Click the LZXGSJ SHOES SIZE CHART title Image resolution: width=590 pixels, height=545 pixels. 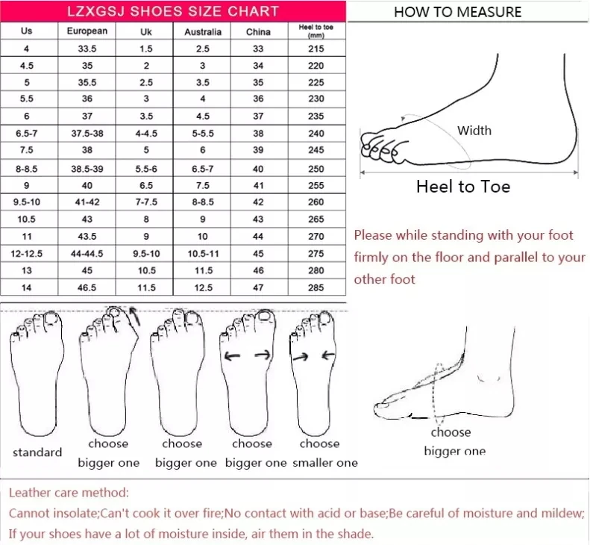click(x=173, y=11)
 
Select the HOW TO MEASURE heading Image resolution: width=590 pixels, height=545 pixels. click(x=457, y=11)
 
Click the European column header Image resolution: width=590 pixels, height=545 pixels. click(x=87, y=31)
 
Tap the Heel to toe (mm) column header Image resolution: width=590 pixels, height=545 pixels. click(x=316, y=31)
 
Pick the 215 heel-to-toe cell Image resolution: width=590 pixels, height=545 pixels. click(x=316, y=49)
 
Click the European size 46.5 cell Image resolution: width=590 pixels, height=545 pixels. click(x=87, y=287)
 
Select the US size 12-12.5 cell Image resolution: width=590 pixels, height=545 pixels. click(x=27, y=254)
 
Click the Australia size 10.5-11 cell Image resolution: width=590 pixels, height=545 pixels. click(x=203, y=254)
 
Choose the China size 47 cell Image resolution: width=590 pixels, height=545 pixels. click(x=258, y=287)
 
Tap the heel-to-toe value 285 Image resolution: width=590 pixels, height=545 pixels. click(x=316, y=287)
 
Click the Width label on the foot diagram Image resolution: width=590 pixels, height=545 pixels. click(x=474, y=131)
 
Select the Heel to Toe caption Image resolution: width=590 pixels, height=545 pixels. click(x=462, y=187)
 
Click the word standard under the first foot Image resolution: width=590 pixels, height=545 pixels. click(x=37, y=452)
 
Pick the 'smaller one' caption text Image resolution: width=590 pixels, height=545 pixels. click(x=325, y=463)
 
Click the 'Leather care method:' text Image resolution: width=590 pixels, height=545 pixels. click(x=69, y=493)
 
